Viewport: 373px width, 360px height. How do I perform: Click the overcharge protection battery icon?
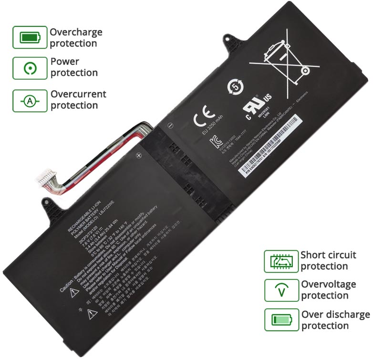tap(30, 37)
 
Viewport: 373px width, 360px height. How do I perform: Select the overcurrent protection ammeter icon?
tap(30, 101)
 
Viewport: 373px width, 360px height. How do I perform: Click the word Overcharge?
tap(76, 32)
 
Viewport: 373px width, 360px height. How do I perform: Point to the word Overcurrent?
tap(78, 94)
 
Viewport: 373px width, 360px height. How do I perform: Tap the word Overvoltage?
tap(328, 284)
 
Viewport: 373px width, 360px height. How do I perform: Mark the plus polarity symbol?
tap(139, 156)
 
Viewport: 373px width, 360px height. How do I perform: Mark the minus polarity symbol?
tap(170, 125)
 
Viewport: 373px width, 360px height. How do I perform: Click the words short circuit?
tap(324, 255)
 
